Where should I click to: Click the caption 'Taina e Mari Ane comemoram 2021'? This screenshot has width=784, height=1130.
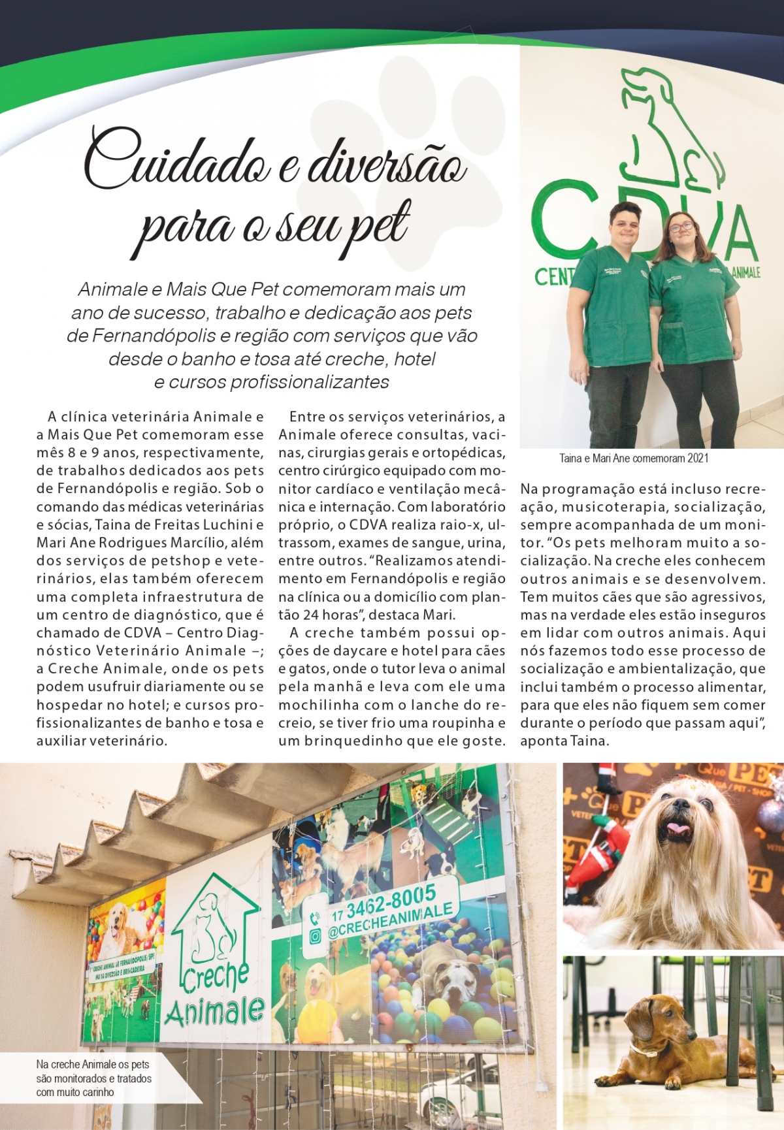634,459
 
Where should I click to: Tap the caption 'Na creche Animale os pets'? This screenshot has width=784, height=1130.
93,1065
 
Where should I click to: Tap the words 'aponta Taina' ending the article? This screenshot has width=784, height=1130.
564,741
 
